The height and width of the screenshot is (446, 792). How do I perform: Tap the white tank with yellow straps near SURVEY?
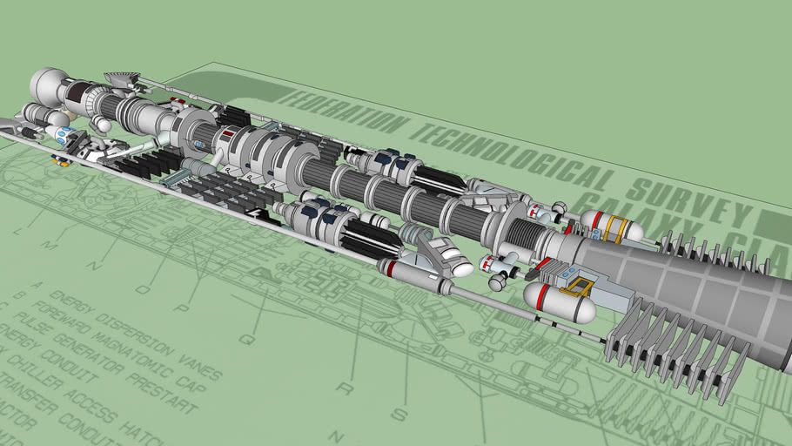pyautogui.click(x=611, y=226)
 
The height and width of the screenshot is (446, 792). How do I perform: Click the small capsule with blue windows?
pyautogui.click(x=61, y=134)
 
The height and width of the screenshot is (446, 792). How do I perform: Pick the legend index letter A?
pyautogui.click(x=37, y=284)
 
